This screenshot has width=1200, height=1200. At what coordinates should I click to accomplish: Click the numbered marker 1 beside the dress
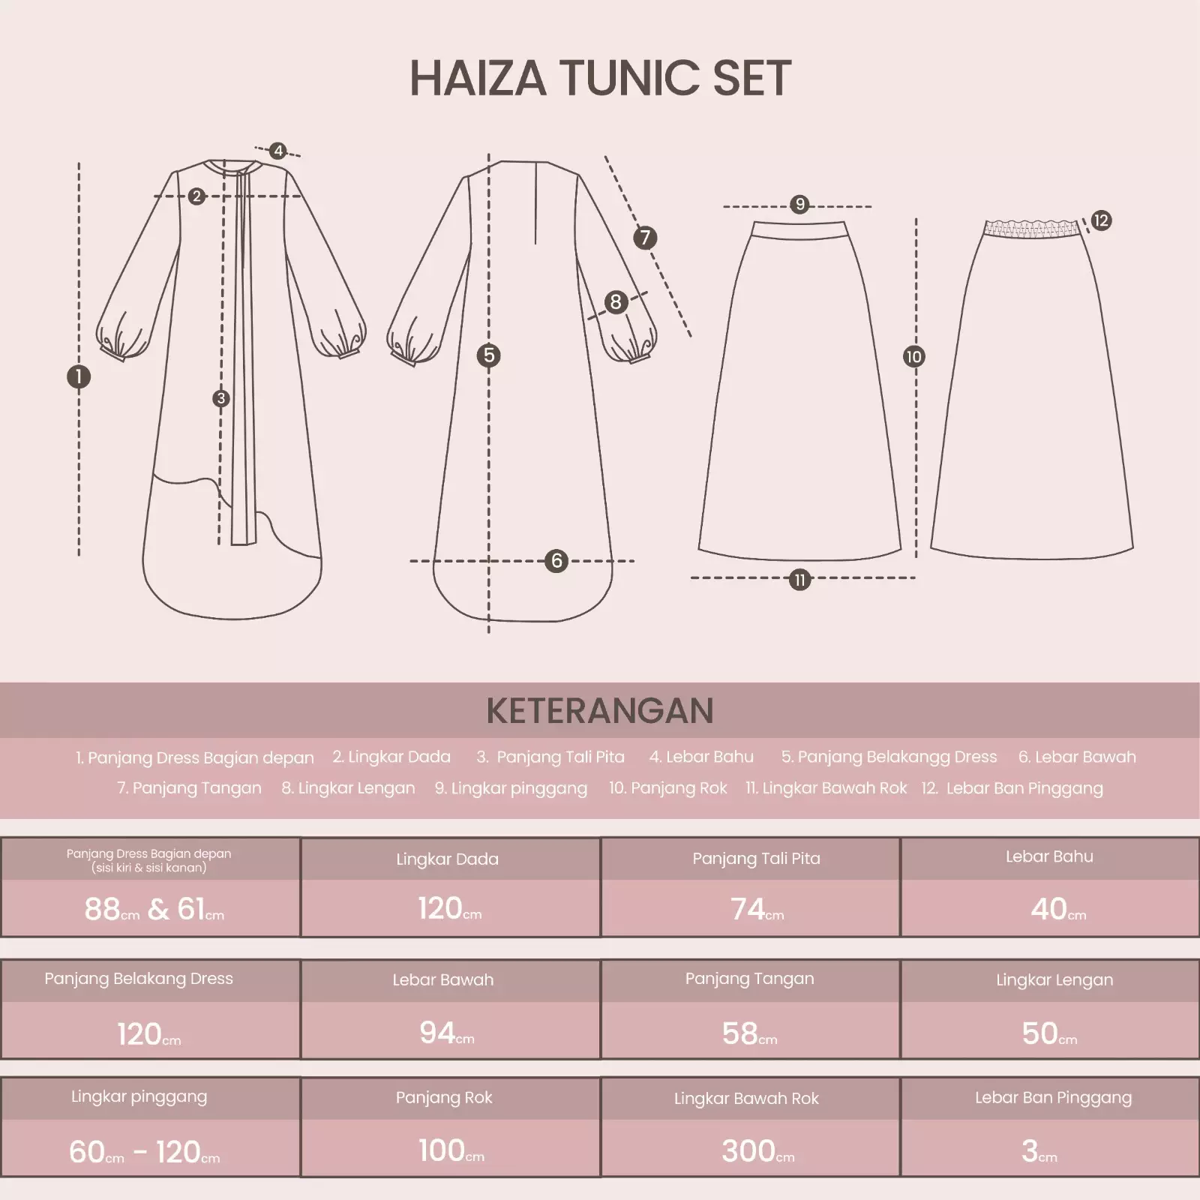click(x=79, y=376)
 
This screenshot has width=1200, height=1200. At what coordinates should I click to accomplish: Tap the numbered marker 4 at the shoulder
click(x=278, y=151)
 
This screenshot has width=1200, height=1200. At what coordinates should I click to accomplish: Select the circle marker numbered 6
click(x=556, y=560)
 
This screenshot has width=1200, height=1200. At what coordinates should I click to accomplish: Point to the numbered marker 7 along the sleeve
click(x=645, y=238)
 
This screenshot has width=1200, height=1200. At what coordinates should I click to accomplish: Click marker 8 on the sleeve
click(x=616, y=302)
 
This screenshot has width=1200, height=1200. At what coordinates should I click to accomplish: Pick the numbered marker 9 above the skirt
click(x=799, y=204)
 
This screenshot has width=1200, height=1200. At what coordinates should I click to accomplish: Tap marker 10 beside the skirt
click(x=913, y=357)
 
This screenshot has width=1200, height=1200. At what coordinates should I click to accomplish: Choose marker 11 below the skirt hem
click(x=799, y=580)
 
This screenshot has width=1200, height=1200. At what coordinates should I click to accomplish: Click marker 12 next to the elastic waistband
click(x=1100, y=220)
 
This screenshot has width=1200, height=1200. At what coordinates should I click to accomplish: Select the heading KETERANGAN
click(x=600, y=711)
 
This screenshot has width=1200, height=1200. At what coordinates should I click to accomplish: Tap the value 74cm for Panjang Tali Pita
click(x=757, y=909)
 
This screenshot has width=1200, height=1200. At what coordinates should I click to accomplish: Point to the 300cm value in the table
click(x=757, y=1151)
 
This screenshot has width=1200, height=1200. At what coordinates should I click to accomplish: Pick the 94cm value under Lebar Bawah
click(x=446, y=1033)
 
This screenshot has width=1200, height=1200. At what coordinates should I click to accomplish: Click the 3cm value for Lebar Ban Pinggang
click(x=1039, y=1151)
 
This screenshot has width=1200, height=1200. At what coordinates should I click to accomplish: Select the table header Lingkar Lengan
click(x=1054, y=979)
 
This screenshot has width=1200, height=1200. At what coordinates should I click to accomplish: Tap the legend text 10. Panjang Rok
click(x=667, y=788)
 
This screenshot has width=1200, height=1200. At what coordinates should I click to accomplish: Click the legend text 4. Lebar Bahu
click(x=701, y=757)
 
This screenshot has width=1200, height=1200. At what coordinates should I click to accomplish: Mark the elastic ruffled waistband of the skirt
click(x=1032, y=228)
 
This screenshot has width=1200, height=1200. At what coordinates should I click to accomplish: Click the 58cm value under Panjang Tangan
click(x=749, y=1033)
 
